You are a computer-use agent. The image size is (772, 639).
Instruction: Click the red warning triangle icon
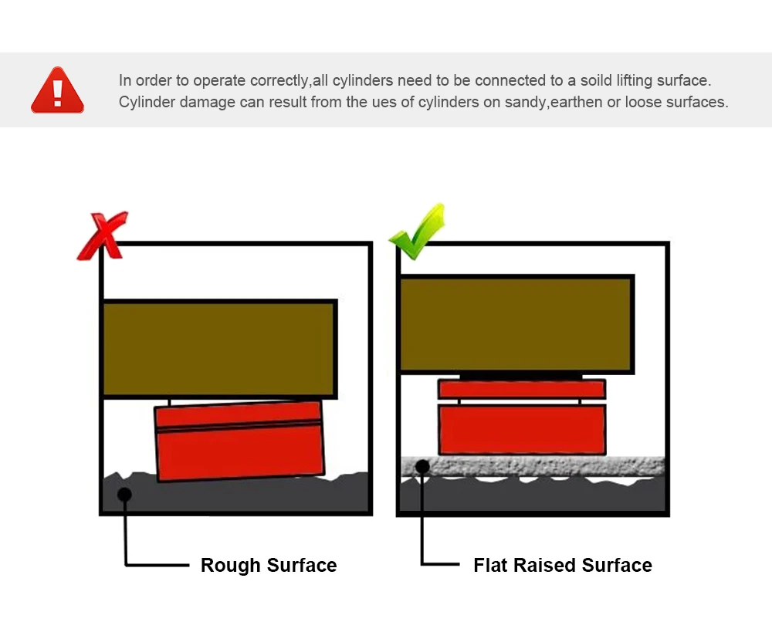[57, 91]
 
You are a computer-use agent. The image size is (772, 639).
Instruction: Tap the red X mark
[102, 236]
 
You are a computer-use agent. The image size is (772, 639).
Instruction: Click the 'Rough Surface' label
[268, 566]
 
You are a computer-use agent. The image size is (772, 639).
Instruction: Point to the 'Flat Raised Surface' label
[562, 566]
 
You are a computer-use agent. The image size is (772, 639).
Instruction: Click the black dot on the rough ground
[124, 494]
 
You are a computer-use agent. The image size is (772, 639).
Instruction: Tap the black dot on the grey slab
[422, 466]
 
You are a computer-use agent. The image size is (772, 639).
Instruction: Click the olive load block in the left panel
[220, 349]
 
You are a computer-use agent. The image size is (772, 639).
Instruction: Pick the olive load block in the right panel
[516, 324]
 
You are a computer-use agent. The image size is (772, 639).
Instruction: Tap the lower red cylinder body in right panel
[522, 429]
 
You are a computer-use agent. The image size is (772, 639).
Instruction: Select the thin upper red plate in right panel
[522, 389]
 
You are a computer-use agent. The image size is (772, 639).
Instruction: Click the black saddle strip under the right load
[522, 376]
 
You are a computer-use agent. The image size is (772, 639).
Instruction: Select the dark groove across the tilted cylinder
[239, 425]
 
